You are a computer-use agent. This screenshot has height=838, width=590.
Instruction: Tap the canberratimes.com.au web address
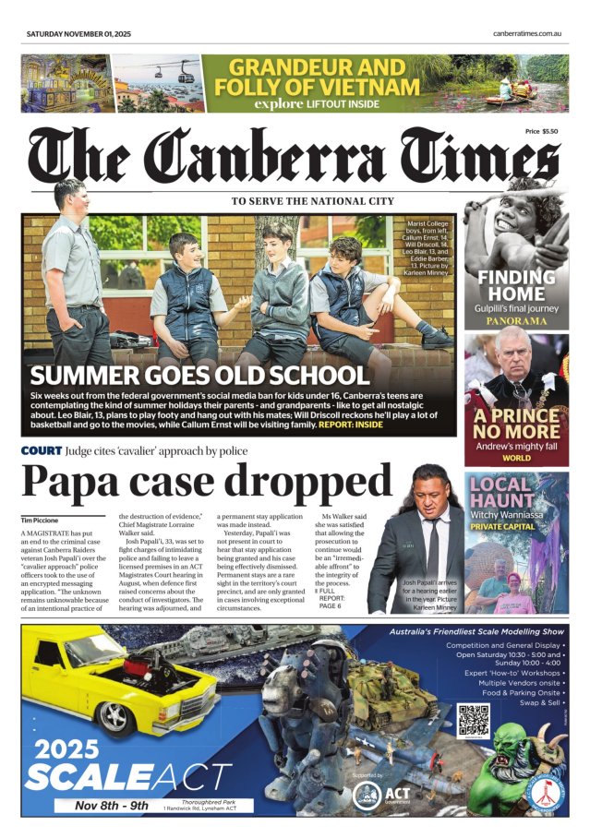(528, 33)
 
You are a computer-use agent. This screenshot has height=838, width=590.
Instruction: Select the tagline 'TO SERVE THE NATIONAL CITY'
(312, 201)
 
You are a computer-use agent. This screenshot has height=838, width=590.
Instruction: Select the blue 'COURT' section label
(42, 451)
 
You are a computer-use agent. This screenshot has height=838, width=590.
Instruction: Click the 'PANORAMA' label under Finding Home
(516, 322)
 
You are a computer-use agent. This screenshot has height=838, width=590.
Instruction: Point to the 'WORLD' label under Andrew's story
(516, 457)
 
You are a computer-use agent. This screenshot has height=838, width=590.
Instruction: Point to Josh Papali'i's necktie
(432, 549)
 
